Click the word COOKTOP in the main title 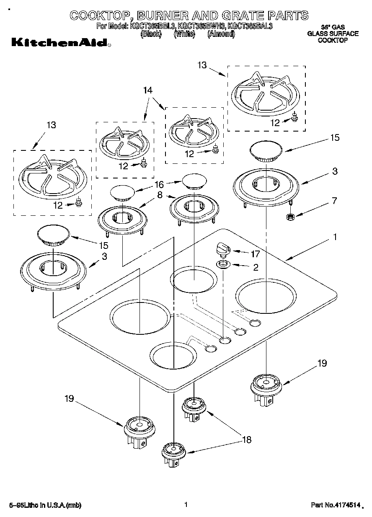98,16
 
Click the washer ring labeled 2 222,264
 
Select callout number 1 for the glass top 335,238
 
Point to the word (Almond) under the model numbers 221,34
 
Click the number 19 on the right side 322,363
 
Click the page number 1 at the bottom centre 185,505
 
